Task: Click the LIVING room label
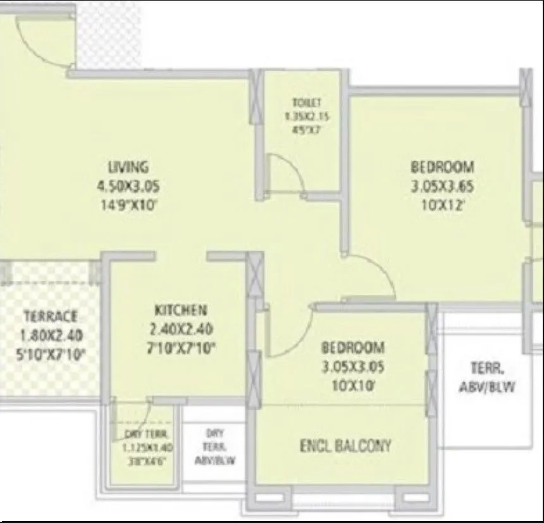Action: point(128,168)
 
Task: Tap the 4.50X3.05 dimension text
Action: point(128,187)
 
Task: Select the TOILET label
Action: point(307,102)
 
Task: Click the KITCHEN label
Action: point(180,310)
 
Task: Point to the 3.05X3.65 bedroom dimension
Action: point(442,187)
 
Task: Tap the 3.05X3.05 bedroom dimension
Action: point(352,366)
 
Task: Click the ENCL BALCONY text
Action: point(345,445)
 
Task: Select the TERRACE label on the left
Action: point(51,316)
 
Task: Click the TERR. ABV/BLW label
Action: point(486,377)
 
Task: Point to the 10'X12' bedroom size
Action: point(442,205)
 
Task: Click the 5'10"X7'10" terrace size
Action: point(51,352)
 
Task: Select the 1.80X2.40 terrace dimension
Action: point(51,335)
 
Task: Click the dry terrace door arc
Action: point(142,417)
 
